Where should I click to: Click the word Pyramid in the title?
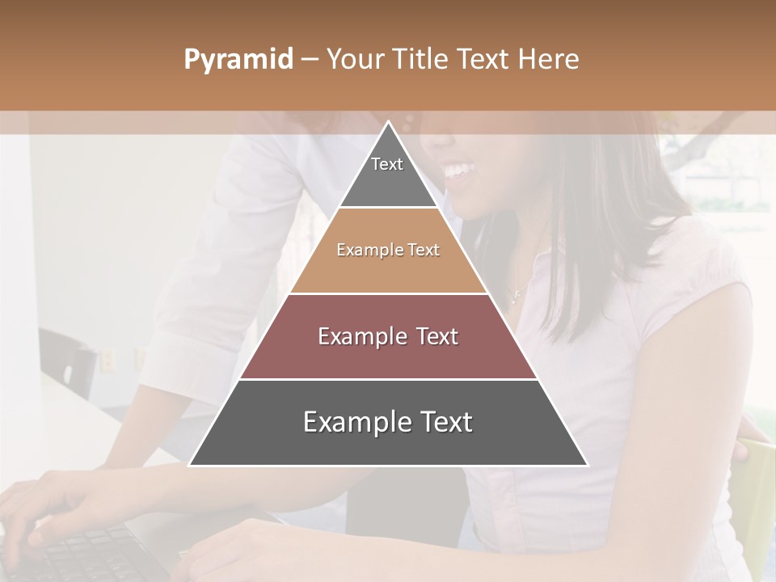238,60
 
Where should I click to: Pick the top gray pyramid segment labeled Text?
388,174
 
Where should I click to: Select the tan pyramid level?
388,267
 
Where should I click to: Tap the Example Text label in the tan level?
388,250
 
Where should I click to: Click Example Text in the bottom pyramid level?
388,422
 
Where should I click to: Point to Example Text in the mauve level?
388,336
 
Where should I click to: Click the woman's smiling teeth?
459,171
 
